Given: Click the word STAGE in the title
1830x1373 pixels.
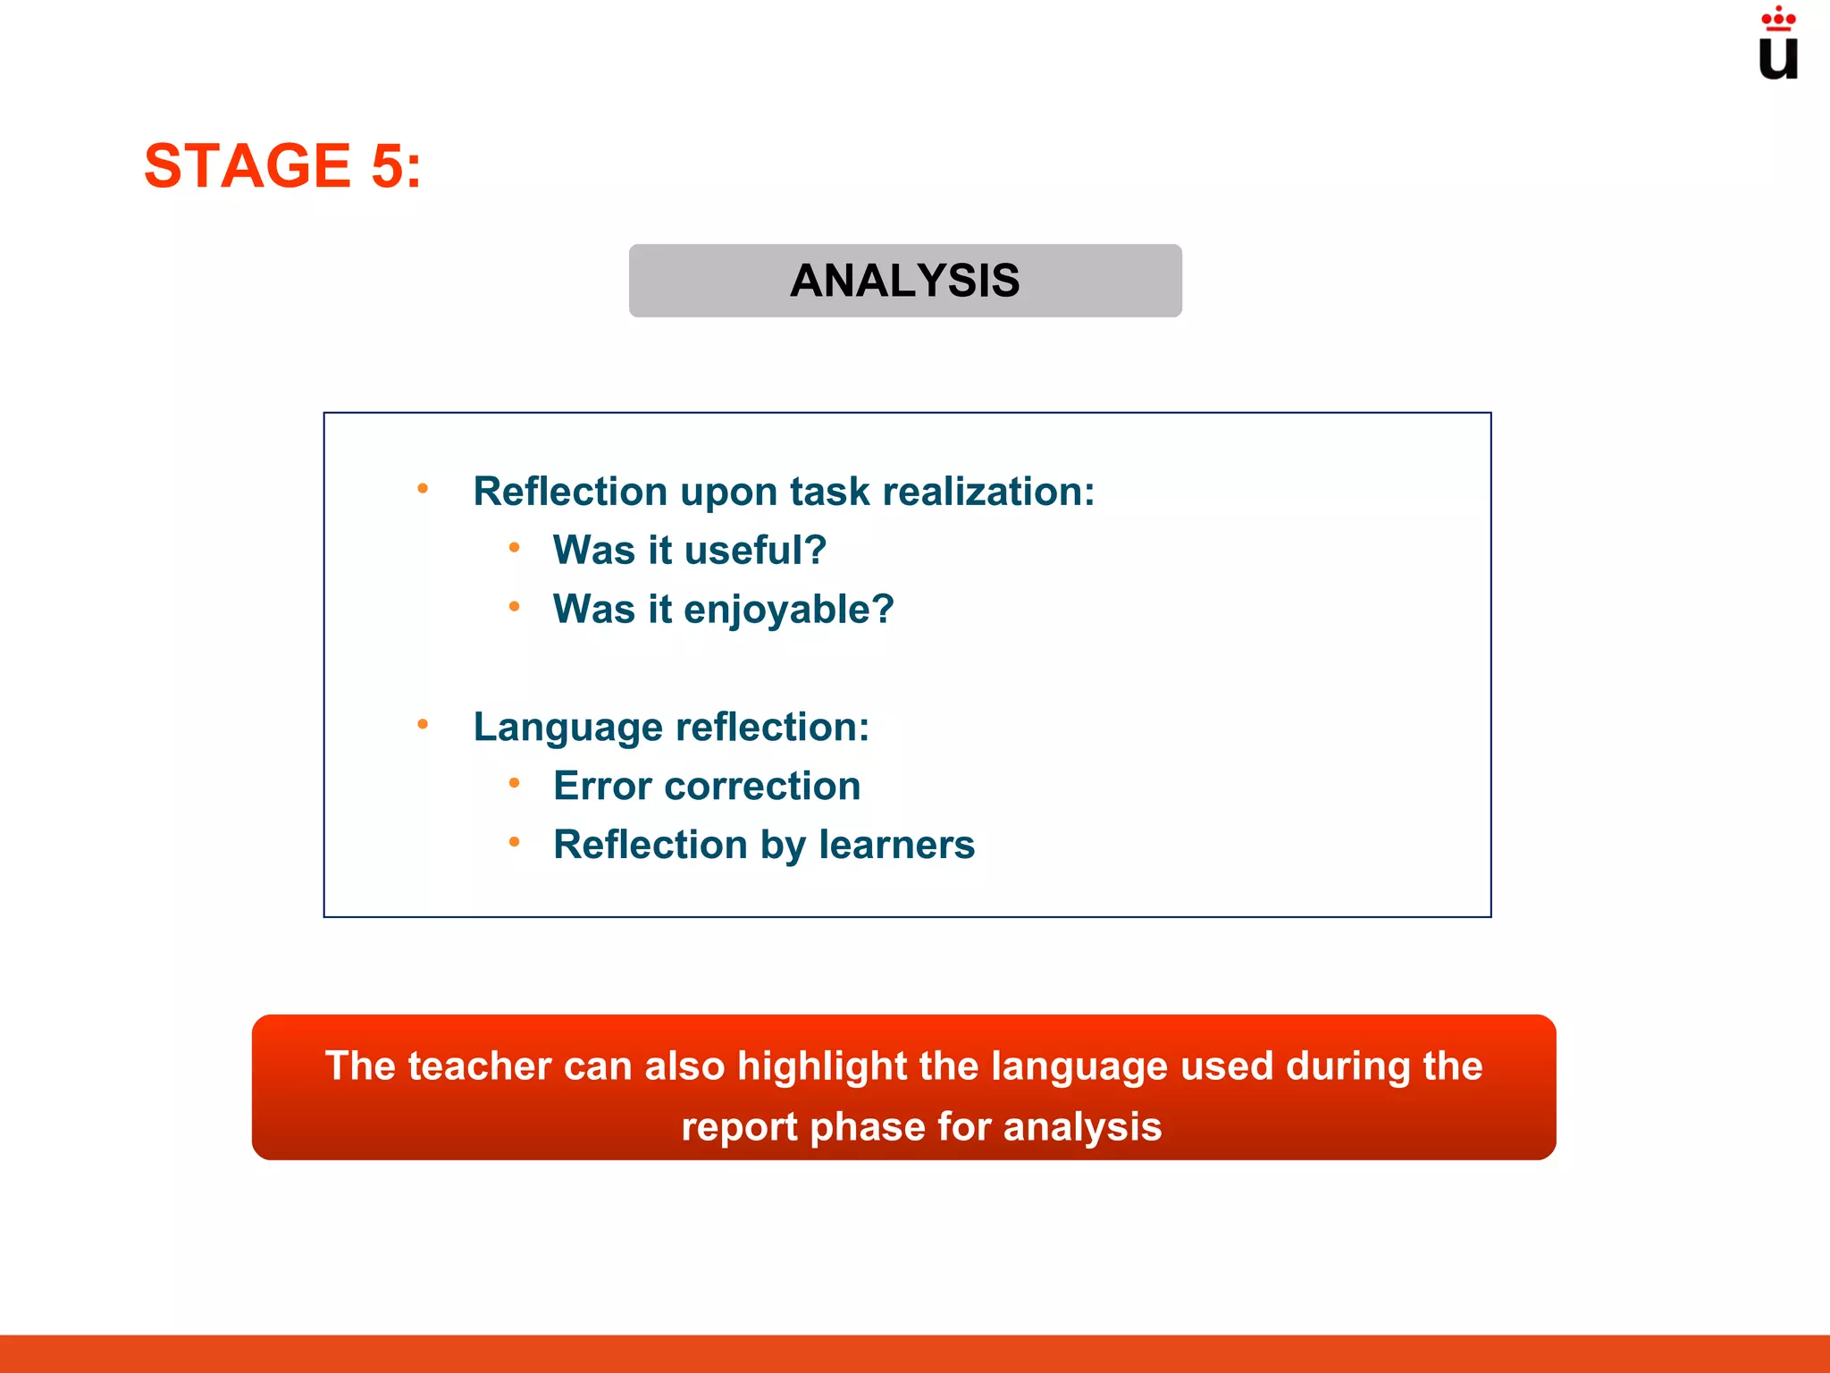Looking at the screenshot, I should click(x=248, y=166).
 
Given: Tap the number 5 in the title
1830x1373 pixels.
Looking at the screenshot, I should click(x=388, y=166).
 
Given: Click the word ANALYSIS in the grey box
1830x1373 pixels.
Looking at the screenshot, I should click(x=904, y=281).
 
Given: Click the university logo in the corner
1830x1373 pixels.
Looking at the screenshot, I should click(x=1777, y=45).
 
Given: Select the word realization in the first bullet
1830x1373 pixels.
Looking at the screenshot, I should click(x=987, y=492).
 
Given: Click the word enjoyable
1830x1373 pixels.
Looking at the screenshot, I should click(x=788, y=611).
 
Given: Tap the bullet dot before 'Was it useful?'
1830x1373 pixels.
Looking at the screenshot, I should click(x=514, y=547).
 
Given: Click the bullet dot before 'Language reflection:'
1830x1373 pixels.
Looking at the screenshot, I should click(x=423, y=724).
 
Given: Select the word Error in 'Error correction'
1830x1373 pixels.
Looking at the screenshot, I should click(x=602, y=787).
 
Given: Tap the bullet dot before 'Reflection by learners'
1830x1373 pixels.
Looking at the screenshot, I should click(x=514, y=842).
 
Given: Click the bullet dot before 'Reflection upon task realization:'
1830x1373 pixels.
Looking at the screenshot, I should click(x=423, y=489).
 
